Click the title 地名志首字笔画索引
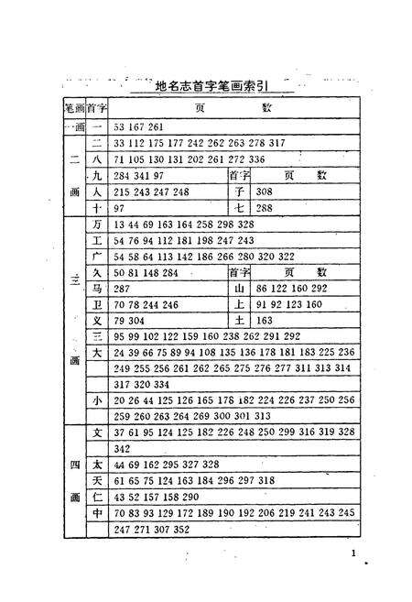[x=211, y=86]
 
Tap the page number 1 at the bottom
[x=354, y=553]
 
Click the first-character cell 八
[x=96, y=159]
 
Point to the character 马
[x=96, y=287]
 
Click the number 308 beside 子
[x=266, y=192]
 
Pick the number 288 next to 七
[x=266, y=208]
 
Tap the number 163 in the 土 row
[x=266, y=321]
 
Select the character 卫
[x=96, y=303]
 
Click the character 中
[x=96, y=513]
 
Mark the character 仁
[x=96, y=497]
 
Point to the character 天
[x=96, y=480]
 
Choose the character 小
[x=96, y=400]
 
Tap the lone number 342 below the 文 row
[x=121, y=448]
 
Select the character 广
[x=96, y=256]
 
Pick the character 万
[x=96, y=224]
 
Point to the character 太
[x=96, y=465]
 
